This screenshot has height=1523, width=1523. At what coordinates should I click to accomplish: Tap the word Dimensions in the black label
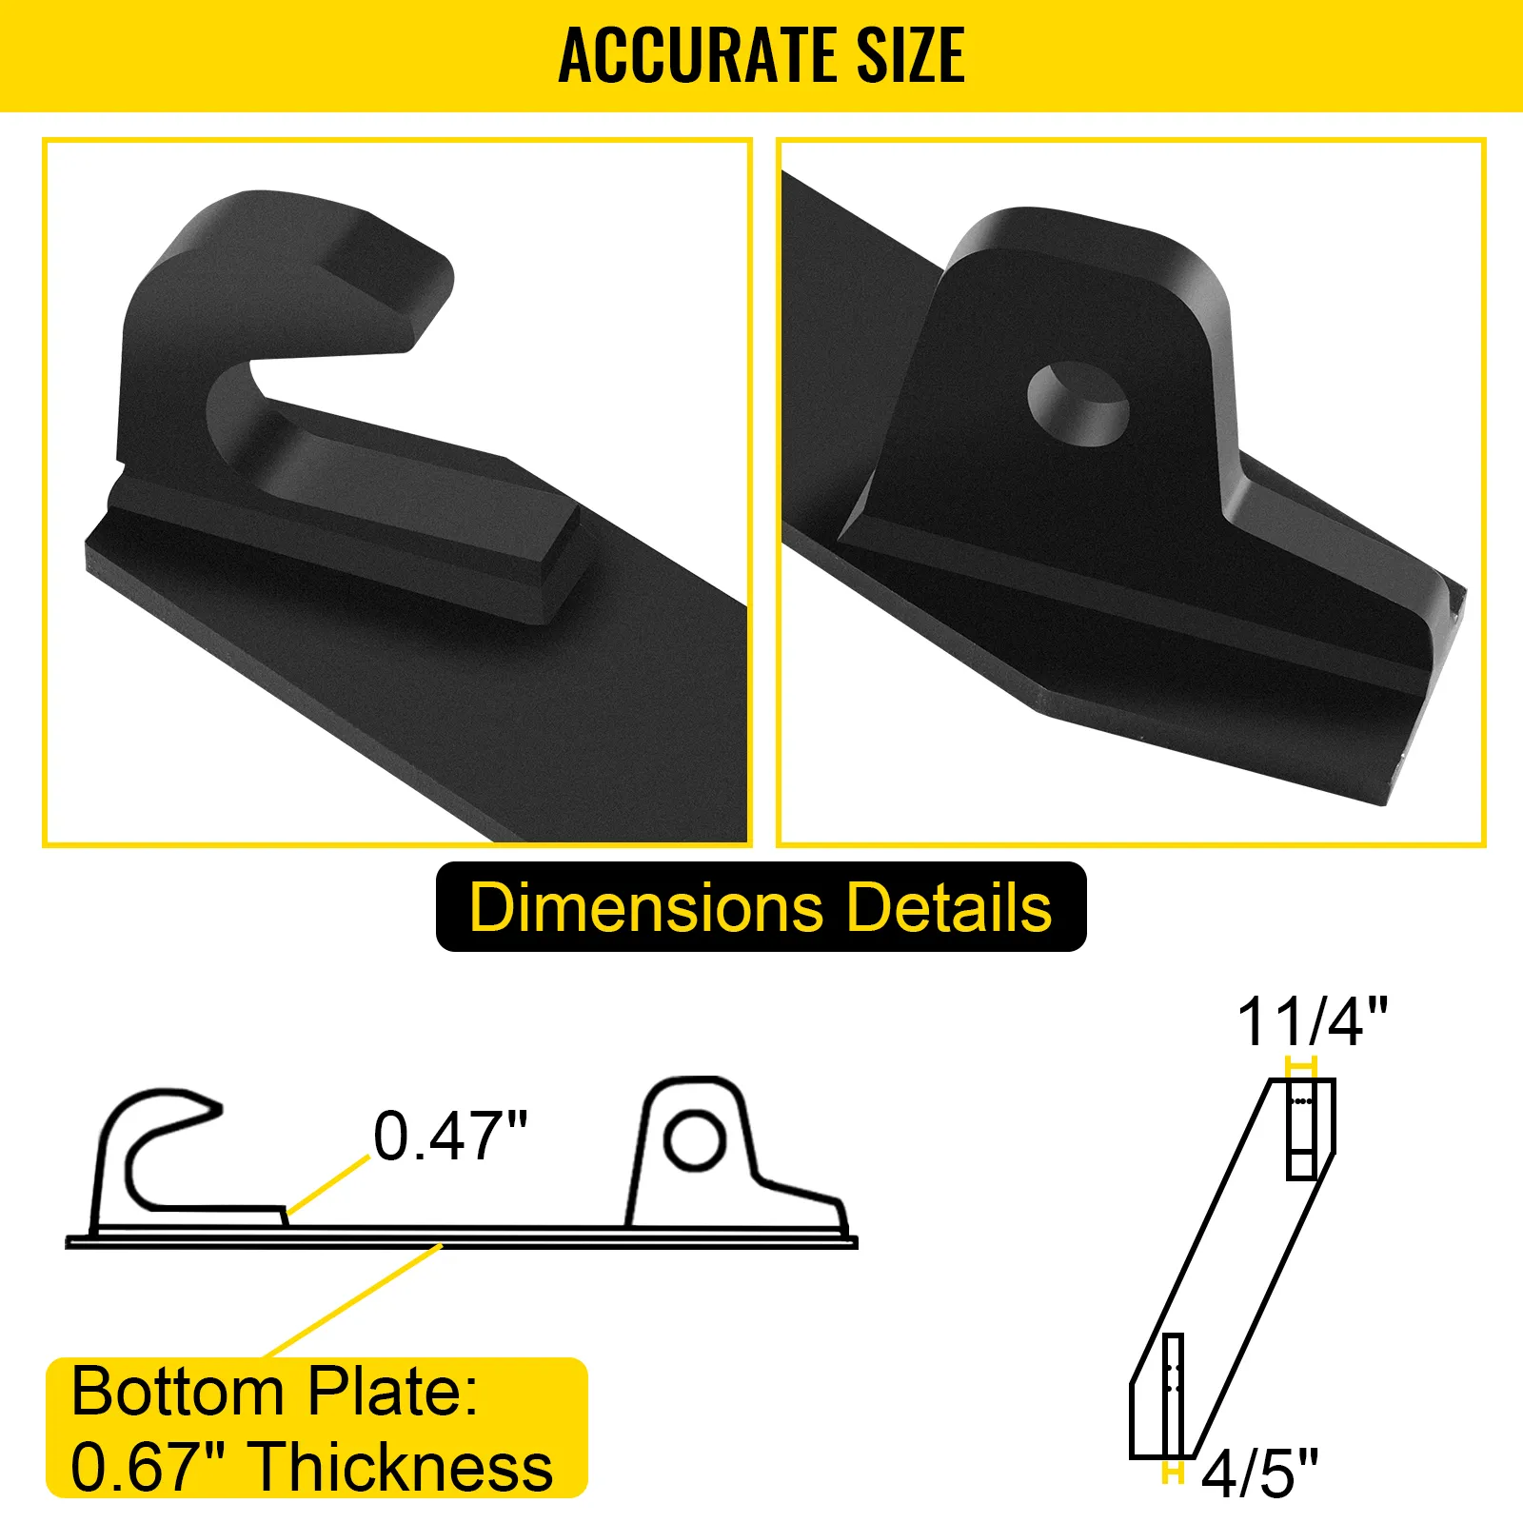(x=645, y=906)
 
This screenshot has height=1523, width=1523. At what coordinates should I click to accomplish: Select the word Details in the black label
(x=949, y=906)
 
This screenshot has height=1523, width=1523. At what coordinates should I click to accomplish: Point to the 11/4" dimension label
(x=1312, y=1022)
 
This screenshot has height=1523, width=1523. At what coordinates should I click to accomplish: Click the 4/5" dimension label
(x=1259, y=1473)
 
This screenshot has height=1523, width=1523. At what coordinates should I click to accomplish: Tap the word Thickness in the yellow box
(x=404, y=1466)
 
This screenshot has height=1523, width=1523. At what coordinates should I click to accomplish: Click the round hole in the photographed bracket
(x=1078, y=404)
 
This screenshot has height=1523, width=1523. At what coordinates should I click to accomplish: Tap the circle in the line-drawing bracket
(x=695, y=1139)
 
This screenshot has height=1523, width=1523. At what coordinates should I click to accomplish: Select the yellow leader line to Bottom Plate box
(x=352, y=1300)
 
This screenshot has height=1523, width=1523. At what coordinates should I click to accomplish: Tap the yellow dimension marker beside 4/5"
(x=1173, y=1473)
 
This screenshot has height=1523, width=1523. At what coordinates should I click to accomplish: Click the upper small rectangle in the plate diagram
(x=1301, y=1129)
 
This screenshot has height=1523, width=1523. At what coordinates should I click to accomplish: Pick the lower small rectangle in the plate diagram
(x=1173, y=1394)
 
